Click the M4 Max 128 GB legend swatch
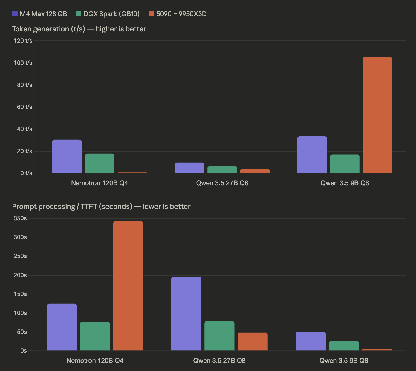[15, 14]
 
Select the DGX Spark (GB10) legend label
[111, 14]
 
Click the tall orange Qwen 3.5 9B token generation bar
[377, 115]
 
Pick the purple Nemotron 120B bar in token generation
[67, 156]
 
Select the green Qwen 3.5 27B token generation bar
[222, 169]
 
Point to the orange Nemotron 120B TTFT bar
[128, 286]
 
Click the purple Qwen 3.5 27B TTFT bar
[186, 314]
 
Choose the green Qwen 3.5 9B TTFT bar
[344, 346]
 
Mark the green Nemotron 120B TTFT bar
[95, 336]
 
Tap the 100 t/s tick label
[23, 63]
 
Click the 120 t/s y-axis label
[23, 41]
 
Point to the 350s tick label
[20, 218]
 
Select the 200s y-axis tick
[20, 275]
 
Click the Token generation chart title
[79, 29]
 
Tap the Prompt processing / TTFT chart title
[101, 207]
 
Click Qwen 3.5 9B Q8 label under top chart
[345, 183]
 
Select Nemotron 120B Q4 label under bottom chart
[95, 361]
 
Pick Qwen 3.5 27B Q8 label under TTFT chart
[219, 361]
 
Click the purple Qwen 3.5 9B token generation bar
[312, 155]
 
